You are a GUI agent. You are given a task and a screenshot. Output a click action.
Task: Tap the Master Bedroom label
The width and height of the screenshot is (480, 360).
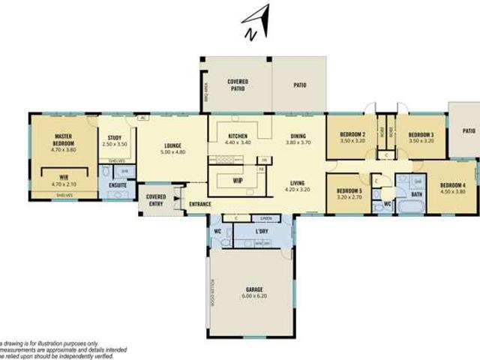(62, 139)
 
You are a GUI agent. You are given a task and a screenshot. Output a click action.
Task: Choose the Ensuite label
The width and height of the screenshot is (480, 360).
(118, 184)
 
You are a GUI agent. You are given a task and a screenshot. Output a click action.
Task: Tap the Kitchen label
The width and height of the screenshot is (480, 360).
(237, 136)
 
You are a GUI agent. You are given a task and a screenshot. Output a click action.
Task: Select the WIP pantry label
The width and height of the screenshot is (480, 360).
(237, 180)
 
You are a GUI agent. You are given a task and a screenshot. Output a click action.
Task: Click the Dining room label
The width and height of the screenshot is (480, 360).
(298, 136)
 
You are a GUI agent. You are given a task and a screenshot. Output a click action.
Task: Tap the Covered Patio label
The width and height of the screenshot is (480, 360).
(237, 84)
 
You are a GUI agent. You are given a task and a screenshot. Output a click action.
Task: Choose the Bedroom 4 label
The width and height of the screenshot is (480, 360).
(452, 185)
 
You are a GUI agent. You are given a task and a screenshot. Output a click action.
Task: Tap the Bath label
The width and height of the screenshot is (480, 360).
(417, 194)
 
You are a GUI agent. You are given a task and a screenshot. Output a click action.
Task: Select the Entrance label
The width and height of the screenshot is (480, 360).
(200, 204)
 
